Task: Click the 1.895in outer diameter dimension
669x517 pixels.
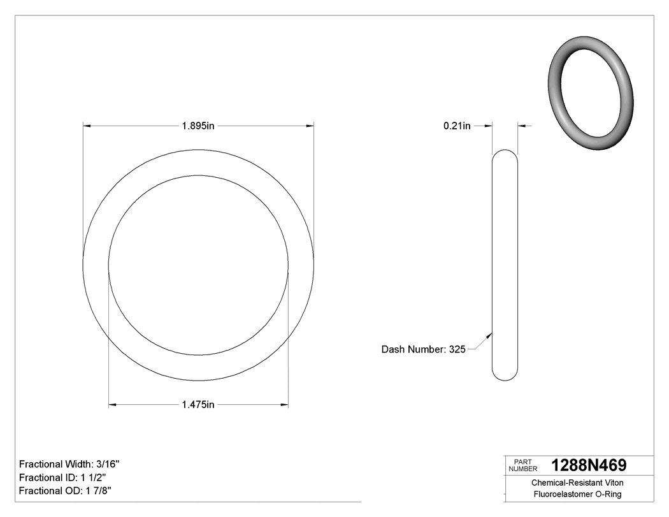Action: point(198,126)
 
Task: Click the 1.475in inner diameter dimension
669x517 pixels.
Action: point(198,404)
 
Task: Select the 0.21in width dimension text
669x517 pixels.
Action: point(457,126)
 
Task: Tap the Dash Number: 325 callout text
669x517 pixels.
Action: point(424,349)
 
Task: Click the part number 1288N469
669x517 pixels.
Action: point(589,465)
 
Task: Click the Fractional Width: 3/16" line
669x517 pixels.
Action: point(69,464)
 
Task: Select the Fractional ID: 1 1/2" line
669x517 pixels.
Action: point(62,477)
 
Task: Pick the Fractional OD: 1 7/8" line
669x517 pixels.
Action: point(66,490)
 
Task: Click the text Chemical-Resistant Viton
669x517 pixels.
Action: point(577,483)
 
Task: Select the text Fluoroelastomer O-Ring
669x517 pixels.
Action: point(577,494)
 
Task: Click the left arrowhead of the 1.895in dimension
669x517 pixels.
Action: point(87,126)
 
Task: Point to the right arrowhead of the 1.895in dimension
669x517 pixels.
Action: point(310,126)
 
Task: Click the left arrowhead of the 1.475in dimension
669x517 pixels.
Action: point(113,404)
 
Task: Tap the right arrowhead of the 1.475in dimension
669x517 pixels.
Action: point(284,404)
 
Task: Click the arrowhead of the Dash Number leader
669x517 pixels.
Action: point(489,333)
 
